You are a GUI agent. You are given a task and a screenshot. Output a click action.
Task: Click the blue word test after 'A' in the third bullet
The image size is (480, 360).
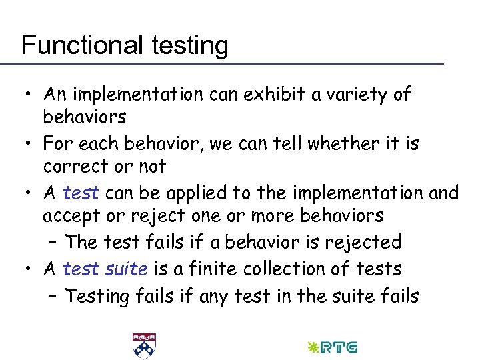(x=81, y=193)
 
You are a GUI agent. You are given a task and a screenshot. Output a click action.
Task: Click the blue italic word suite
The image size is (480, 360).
(x=127, y=269)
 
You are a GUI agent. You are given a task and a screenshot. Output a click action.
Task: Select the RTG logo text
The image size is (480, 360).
(x=339, y=347)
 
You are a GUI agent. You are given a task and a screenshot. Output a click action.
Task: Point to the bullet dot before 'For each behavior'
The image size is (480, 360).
(x=30, y=143)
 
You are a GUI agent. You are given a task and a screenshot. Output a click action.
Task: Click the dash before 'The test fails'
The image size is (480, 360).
(x=54, y=242)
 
